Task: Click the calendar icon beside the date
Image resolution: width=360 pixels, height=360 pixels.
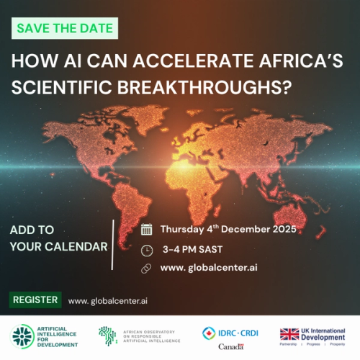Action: pyautogui.click(x=146, y=230)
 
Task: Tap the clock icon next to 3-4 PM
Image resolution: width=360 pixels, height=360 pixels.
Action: pyautogui.click(x=146, y=250)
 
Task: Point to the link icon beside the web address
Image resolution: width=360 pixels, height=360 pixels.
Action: pyautogui.click(x=146, y=269)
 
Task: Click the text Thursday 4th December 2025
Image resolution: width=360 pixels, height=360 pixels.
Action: pyautogui.click(x=228, y=230)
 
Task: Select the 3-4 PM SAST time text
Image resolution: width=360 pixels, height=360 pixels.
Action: pyautogui.click(x=192, y=250)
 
